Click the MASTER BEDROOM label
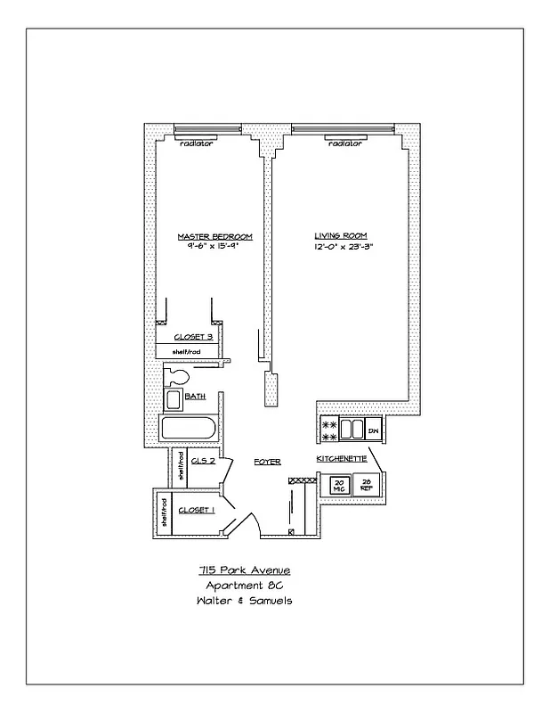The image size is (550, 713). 214,237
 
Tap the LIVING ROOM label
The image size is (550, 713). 335,237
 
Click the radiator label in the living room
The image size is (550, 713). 344,143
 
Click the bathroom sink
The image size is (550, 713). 174,398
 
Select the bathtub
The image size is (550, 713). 188,429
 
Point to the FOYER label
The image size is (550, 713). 267,462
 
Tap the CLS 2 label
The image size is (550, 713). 202,462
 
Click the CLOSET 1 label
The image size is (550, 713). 197,510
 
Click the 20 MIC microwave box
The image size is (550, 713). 339,486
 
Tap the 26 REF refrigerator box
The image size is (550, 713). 366,486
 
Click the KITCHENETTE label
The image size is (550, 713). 340,458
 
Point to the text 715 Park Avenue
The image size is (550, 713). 243,570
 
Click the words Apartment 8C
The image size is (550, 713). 243,586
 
